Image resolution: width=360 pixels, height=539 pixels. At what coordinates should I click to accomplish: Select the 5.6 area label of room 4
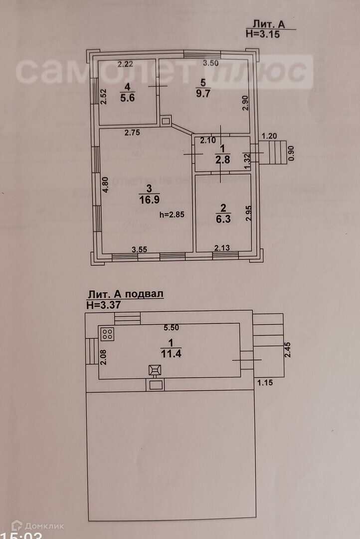point(127,98)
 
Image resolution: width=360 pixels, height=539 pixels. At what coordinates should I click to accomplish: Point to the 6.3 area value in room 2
point(223,219)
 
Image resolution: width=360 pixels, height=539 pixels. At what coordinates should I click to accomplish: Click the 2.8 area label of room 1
point(222,160)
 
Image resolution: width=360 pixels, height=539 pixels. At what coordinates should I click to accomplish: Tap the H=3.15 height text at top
point(263,34)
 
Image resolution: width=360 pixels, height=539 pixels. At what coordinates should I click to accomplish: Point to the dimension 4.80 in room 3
point(104,185)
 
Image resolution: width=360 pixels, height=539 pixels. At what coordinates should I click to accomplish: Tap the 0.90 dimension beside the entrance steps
point(292,152)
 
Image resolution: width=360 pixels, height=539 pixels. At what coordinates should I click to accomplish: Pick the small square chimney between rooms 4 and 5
point(166,120)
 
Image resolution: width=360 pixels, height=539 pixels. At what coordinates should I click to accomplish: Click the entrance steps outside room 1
point(275,152)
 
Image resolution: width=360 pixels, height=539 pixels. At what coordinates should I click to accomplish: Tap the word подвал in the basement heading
point(145,294)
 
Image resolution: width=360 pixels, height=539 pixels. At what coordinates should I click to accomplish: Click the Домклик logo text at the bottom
point(44,526)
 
